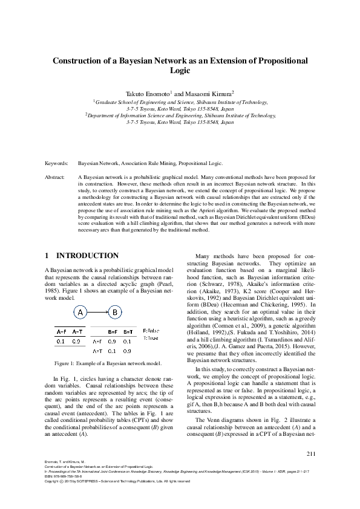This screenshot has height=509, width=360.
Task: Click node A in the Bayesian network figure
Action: (x=81, y=313)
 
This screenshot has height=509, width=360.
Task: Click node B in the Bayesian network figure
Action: (x=115, y=313)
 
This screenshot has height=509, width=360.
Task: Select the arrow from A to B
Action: (x=98, y=313)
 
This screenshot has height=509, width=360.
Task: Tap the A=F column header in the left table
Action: (x=61, y=331)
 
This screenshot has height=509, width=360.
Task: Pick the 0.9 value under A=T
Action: (x=76, y=342)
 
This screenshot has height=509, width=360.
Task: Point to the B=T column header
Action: (x=128, y=331)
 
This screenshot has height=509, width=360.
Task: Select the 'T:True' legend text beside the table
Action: (x=150, y=338)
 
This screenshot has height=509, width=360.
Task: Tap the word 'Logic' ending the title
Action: (x=180, y=71)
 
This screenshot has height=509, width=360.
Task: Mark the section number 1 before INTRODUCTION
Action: (x=47, y=256)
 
